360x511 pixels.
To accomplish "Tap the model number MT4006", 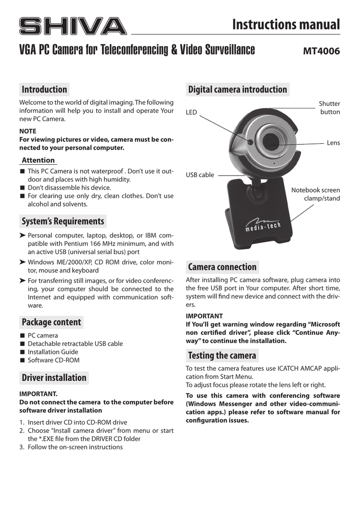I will click(322, 51).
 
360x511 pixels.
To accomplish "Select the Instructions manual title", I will click(286, 24).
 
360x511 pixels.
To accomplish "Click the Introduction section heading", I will click(44, 89).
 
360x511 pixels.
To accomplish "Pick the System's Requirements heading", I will click(63, 221).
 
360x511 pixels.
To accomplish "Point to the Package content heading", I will click(51, 322).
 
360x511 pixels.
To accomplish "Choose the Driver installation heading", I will click(54, 378).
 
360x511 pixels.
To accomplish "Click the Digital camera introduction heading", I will click(237, 89).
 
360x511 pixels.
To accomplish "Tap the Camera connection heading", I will click(222, 267).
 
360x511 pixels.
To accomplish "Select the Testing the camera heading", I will click(222, 356).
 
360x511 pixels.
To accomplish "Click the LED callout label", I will click(191, 113).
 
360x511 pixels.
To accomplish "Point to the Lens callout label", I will click(333, 143).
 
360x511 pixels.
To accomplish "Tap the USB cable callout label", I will click(200, 175).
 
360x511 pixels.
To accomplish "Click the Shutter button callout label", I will click(330, 108).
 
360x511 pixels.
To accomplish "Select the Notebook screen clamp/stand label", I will click(316, 194).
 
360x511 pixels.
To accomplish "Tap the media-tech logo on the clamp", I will click(263, 226).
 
